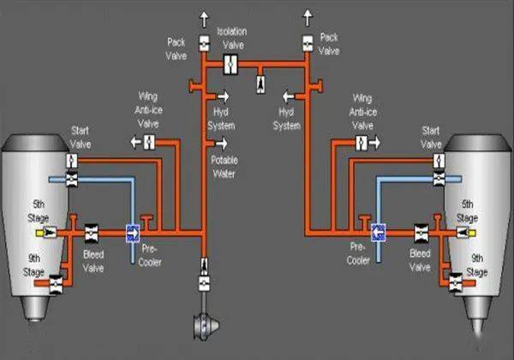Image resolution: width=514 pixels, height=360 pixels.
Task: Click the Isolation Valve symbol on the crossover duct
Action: tap(230, 64)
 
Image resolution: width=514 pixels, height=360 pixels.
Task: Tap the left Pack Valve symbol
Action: tap(204, 44)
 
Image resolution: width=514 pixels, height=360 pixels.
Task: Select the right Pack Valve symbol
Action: tap(308, 44)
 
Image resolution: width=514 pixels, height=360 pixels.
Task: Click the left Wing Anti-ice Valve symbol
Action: tap(149, 142)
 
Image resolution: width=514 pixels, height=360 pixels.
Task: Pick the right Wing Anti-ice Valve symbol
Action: tap(362, 143)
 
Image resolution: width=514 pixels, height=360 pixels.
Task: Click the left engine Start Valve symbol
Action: tap(72, 161)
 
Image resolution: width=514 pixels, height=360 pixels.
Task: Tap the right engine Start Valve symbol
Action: tap(439, 161)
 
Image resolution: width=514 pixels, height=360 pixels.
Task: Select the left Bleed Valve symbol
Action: tap(92, 233)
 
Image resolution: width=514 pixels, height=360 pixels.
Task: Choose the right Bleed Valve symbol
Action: tap(421, 233)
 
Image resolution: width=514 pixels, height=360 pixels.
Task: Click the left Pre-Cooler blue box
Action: tap(133, 233)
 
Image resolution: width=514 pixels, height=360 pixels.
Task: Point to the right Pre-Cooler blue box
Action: tap(379, 233)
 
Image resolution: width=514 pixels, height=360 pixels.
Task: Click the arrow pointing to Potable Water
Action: tap(222, 143)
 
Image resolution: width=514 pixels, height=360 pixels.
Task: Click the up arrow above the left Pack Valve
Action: tap(204, 20)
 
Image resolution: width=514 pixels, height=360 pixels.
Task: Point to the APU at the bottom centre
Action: tap(206, 326)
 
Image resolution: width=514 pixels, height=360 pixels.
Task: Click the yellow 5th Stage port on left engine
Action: tap(40, 233)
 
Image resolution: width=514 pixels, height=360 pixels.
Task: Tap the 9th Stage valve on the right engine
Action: tap(456, 283)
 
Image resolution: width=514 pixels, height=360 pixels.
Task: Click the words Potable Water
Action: tap(224, 167)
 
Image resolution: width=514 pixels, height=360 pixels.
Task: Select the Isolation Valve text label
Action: tap(232, 39)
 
